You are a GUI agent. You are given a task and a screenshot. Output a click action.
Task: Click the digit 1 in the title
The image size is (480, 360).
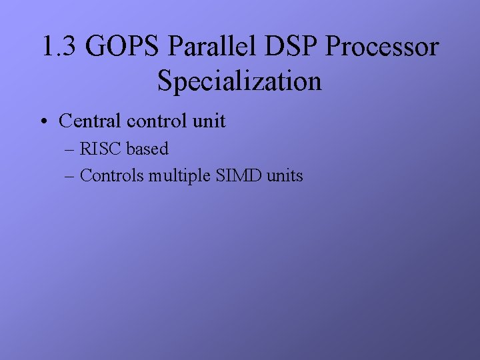pyautogui.click(x=47, y=47)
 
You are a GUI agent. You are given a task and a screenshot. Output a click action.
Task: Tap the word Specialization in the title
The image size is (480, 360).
pyautogui.click(x=240, y=82)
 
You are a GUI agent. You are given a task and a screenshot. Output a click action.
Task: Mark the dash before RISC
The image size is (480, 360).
pyautogui.click(x=70, y=149)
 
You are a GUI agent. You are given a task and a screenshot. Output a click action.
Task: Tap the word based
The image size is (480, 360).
pyautogui.click(x=147, y=149)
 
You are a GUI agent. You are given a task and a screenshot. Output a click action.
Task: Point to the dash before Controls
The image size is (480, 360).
pyautogui.click(x=70, y=176)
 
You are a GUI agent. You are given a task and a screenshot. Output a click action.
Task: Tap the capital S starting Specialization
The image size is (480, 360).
pyautogui.click(x=165, y=81)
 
